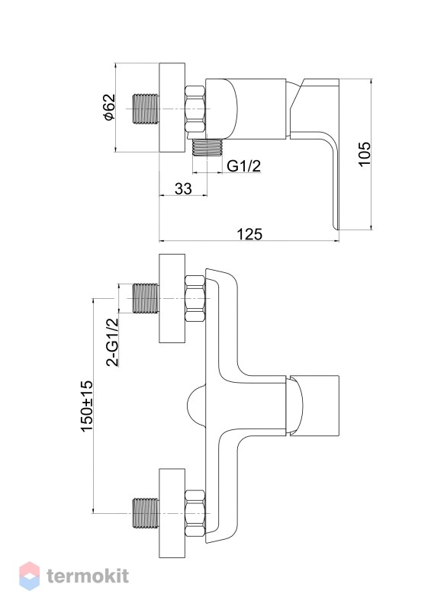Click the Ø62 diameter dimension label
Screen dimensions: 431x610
[x=109, y=107]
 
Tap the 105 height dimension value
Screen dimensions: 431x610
[x=365, y=154]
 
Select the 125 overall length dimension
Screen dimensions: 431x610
[x=249, y=234]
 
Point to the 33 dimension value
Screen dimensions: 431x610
[x=183, y=188]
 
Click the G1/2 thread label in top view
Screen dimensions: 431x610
[x=244, y=166]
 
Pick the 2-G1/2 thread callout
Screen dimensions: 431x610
[x=112, y=342]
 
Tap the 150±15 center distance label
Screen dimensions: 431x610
[x=87, y=406]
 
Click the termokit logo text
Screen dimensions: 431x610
[x=88, y=576]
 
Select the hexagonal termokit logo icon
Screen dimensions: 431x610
[x=29, y=576]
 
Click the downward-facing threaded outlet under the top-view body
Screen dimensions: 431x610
[x=208, y=147]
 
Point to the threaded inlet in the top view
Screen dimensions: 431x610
[x=146, y=109]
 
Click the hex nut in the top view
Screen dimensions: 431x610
[x=195, y=109]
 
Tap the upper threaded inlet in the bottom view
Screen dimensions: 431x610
[x=146, y=299]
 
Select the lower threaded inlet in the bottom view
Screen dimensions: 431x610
[x=146, y=513]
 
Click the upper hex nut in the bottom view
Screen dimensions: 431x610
[x=195, y=298]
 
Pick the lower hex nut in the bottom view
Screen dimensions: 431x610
[x=195, y=513]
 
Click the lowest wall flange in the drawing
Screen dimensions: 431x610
[x=172, y=513]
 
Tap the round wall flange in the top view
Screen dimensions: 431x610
[x=172, y=108]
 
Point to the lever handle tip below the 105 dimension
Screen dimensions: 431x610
[x=336, y=226]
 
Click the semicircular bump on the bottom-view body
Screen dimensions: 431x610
[x=196, y=406]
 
